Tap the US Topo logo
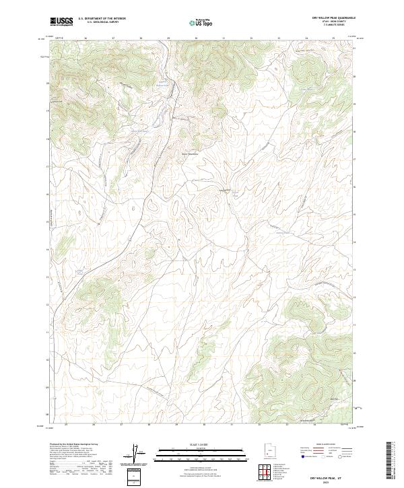coord(201,22)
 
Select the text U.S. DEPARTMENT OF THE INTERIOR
coord(102,19)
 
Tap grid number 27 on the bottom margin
coord(121,425)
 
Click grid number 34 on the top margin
coord(306,38)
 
